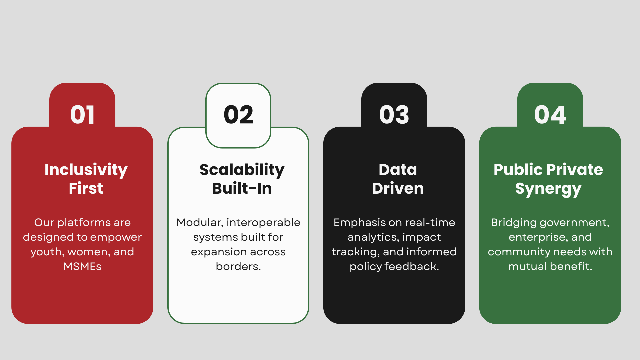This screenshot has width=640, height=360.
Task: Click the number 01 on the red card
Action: pos(82,115)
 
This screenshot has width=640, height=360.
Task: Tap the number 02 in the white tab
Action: pos(238,115)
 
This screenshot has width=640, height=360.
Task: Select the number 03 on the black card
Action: pos(394,115)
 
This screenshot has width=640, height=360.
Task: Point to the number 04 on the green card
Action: pos(550,115)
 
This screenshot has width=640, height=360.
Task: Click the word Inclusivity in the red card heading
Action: pos(86,170)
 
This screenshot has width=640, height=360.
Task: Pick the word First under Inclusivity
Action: pos(86,188)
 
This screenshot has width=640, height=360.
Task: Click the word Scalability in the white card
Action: pos(242,170)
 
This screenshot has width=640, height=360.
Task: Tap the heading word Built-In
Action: pos(242,188)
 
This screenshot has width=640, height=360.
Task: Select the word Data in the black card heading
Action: pos(398,170)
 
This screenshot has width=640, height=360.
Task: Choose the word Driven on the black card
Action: pos(398,188)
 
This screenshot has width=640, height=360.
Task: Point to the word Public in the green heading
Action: pos(517,170)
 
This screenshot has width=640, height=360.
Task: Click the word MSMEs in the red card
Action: pos(82,266)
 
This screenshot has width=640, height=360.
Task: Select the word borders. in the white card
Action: pos(238,266)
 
